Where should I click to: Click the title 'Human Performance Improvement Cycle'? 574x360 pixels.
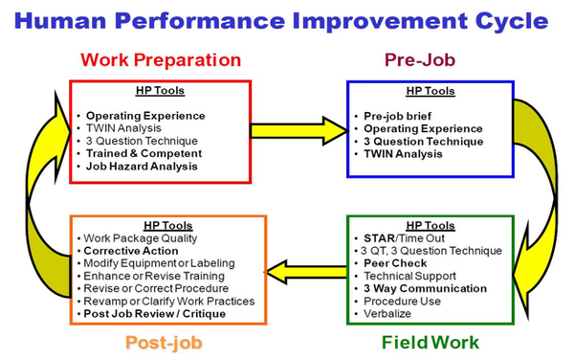click(x=286, y=21)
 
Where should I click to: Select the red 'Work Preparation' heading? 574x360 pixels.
click(x=162, y=60)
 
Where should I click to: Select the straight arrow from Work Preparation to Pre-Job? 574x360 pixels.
click(x=298, y=127)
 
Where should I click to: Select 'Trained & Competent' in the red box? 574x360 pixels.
click(x=144, y=152)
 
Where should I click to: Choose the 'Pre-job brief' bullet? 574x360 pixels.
click(x=398, y=115)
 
